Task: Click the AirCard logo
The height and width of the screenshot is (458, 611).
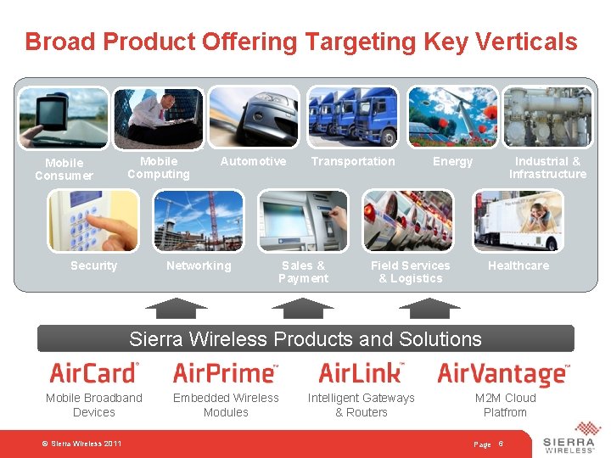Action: tap(93, 372)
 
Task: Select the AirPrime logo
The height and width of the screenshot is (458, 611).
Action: tap(225, 372)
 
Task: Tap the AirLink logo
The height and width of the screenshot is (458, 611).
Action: tap(361, 372)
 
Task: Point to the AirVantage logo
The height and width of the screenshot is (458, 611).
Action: tap(504, 373)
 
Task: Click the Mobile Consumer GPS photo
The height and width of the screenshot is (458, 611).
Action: tap(64, 117)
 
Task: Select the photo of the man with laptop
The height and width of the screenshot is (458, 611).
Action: tap(159, 117)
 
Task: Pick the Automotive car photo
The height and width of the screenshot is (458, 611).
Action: tap(255, 117)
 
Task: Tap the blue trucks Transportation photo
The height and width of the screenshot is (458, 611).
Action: tap(352, 117)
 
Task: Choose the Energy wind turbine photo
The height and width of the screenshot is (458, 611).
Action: tap(452, 117)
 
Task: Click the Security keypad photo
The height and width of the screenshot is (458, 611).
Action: tap(93, 221)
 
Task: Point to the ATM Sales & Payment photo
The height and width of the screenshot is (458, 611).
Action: tap(303, 221)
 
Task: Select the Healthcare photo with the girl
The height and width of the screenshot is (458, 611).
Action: tap(518, 221)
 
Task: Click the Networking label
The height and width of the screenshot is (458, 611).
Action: tap(199, 265)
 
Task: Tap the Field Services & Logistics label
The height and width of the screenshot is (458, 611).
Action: tap(411, 271)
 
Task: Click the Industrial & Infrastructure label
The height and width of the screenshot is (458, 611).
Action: tap(547, 167)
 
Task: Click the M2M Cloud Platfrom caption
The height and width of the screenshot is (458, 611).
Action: tap(505, 405)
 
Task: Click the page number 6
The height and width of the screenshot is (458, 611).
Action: tap(501, 444)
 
